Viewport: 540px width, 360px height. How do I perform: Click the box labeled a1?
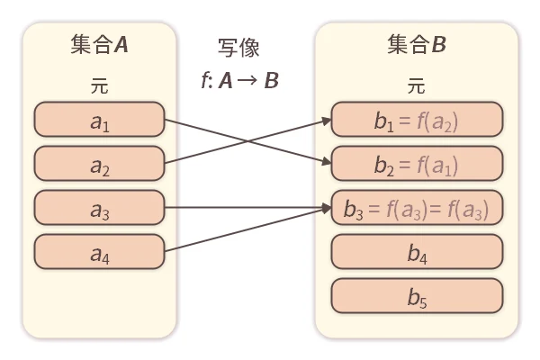99,119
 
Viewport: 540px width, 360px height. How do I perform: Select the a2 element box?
99,163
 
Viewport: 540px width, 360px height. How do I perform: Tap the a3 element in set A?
99,207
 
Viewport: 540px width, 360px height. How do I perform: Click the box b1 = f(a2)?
415,120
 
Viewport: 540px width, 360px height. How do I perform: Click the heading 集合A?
99,45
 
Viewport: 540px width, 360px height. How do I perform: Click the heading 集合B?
416,45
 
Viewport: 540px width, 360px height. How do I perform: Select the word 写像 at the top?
238,48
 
